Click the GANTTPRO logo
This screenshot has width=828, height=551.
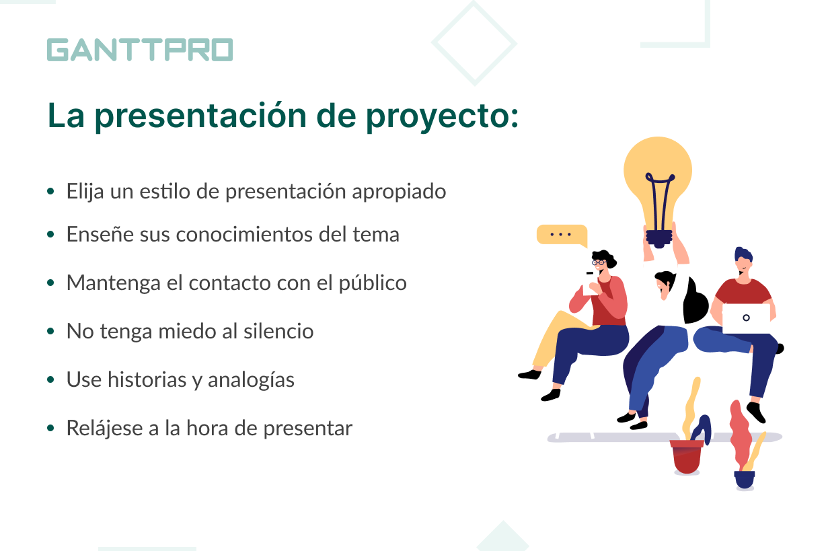tap(140, 50)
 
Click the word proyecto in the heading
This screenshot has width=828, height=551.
tap(442, 117)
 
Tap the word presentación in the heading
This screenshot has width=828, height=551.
tap(200, 116)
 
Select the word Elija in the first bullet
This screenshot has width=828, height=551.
tap(85, 192)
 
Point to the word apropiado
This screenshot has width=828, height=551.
tap(399, 192)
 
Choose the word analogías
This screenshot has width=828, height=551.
tap(251, 380)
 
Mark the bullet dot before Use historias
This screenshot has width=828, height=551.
tap(50, 380)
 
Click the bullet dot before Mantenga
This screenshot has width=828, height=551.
tap(50, 283)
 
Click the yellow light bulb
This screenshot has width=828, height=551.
tap(658, 185)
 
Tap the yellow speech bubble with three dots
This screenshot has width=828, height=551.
tap(562, 235)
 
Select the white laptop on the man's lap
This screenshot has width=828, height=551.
tap(746, 318)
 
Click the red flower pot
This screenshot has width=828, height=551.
tap(687, 456)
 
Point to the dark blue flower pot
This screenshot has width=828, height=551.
tap(745, 480)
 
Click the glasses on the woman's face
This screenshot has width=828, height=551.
tap(599, 262)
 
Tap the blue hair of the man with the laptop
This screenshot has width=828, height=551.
tap(743, 255)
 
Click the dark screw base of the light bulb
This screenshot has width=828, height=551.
tap(658, 239)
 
